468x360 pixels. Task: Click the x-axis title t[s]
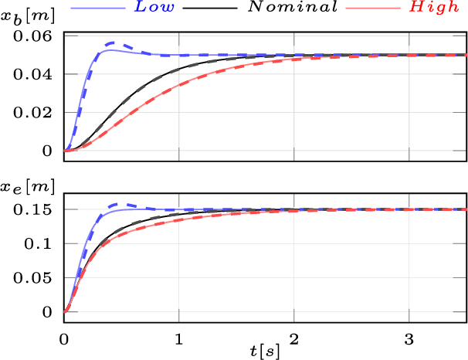tap(265, 352)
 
